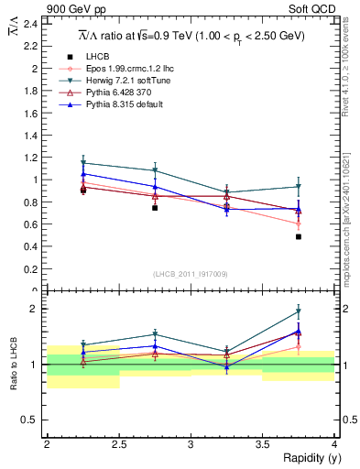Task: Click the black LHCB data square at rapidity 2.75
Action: (x=155, y=208)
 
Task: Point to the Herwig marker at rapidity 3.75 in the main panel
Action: (x=299, y=187)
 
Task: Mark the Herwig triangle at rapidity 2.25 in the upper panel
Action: (x=83, y=163)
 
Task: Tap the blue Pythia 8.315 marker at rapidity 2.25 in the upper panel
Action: (x=83, y=174)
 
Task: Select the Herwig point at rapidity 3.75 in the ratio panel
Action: (x=299, y=311)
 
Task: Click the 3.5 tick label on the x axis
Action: (x=262, y=444)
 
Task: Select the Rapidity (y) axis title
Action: (x=307, y=458)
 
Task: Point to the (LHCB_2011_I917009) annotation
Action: (x=191, y=274)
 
